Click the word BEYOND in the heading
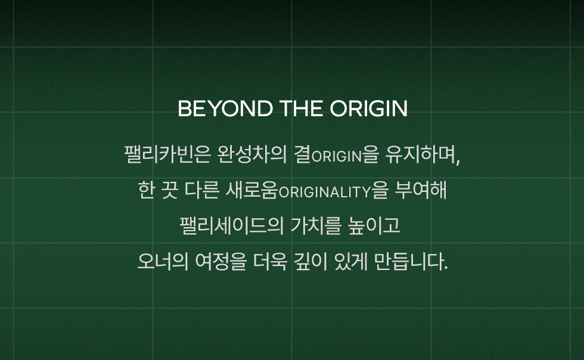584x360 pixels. [x=225, y=108]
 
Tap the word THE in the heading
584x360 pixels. [x=301, y=108]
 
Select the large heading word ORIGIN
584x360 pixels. [x=368, y=108]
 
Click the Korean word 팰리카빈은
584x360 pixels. [x=167, y=154]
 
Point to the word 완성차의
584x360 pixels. [x=251, y=154]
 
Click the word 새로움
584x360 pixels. [x=252, y=190]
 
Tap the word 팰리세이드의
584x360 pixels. [x=232, y=225]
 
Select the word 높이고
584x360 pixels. [x=374, y=225]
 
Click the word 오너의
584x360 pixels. [x=163, y=261]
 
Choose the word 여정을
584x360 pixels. [x=221, y=261]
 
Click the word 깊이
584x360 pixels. [x=310, y=261]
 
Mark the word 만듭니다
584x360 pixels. [x=411, y=261]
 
